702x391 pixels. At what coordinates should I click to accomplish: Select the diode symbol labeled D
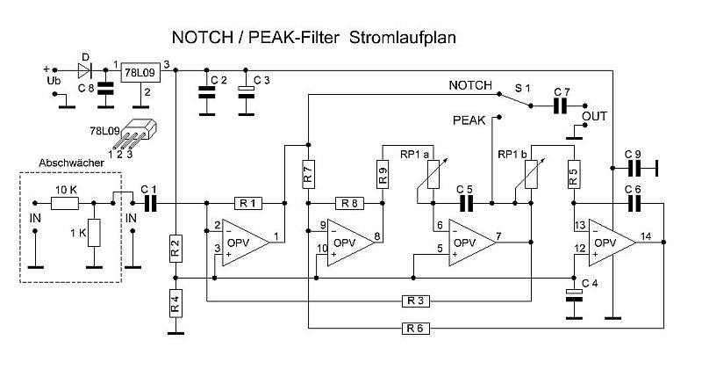coord(84,70)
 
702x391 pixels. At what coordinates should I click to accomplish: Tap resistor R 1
coord(247,204)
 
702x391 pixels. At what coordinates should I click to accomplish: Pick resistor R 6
coord(414,329)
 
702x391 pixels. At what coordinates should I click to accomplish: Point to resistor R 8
coord(347,204)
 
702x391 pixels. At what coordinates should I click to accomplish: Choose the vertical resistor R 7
coord(307,173)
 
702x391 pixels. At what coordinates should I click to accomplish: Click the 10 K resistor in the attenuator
coord(65,204)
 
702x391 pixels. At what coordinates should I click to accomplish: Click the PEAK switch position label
coord(469,118)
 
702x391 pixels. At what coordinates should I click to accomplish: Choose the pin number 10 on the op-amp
coord(322,249)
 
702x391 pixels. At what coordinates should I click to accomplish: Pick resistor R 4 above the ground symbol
coord(176,308)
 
